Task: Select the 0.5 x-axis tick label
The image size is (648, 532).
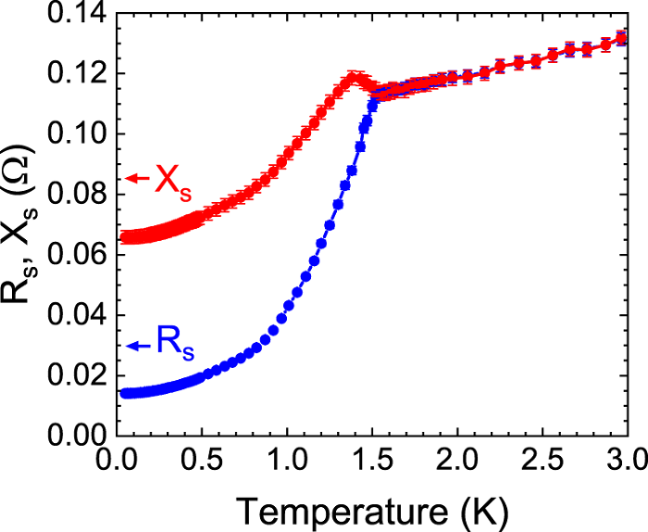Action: coord(202,460)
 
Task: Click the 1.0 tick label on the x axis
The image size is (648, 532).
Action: coord(287,460)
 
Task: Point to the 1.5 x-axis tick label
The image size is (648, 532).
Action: coord(372,460)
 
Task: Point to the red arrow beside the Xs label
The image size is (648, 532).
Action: coord(137,178)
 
